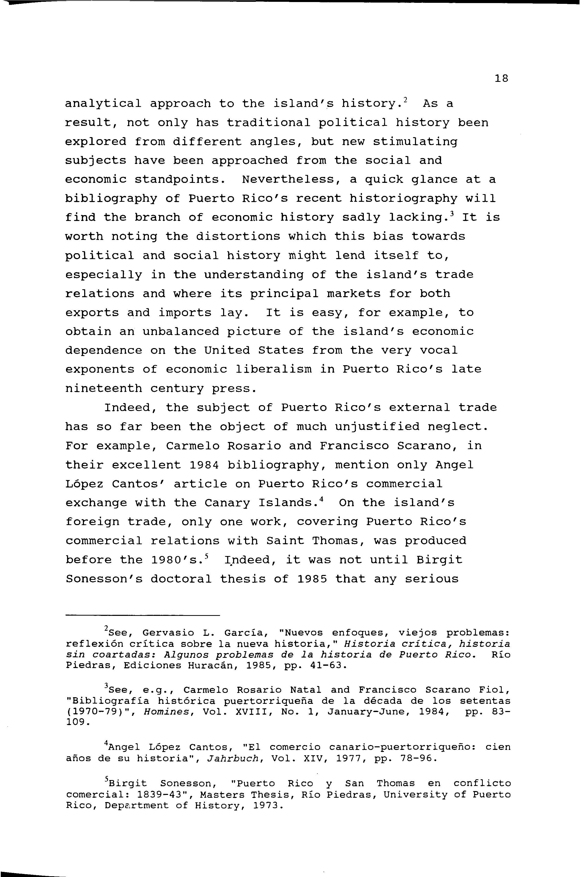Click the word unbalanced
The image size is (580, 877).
pyautogui.click(x=181, y=331)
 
